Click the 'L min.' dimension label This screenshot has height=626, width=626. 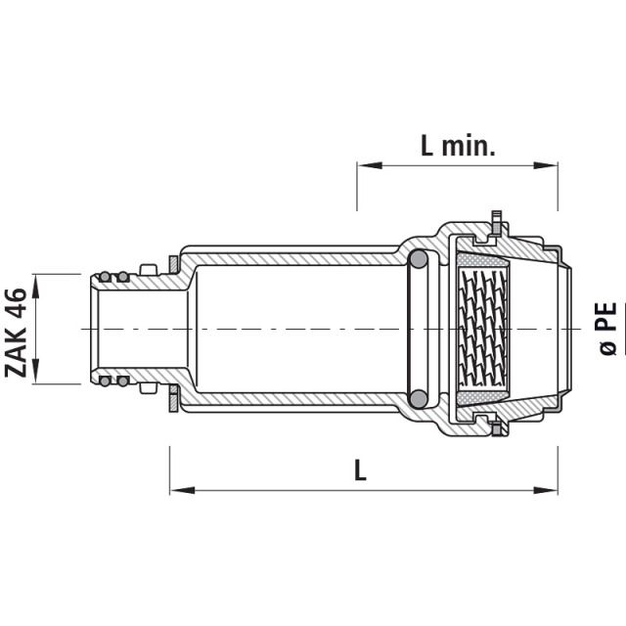point(458,147)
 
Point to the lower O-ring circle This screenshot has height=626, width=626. point(418,398)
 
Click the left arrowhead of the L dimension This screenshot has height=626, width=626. point(176,488)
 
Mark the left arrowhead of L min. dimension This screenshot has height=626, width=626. point(364,166)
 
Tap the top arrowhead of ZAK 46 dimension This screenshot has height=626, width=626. point(36,281)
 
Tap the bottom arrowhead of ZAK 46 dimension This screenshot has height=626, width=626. point(36,379)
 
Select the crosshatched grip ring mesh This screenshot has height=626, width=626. point(483,330)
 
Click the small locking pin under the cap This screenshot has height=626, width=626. point(496,429)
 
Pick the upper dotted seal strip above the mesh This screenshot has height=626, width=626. point(483,264)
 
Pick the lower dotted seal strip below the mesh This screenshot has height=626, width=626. point(483,396)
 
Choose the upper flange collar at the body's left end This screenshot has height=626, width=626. point(173,264)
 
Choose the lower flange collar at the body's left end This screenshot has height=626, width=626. point(173,396)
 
